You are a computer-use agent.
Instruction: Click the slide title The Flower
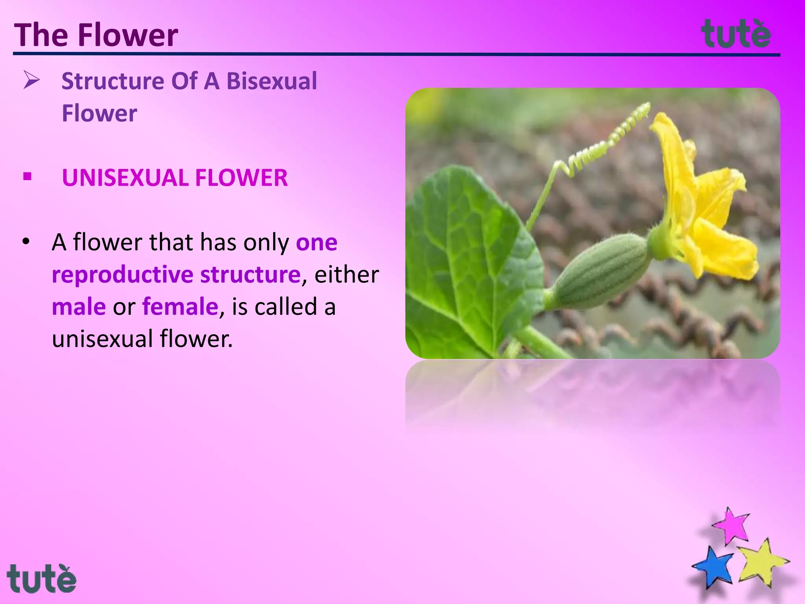coord(96,35)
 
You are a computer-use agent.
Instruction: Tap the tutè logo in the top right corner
coord(736,34)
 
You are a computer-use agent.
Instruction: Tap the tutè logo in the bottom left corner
coord(41,578)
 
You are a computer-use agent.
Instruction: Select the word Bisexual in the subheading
coord(272,81)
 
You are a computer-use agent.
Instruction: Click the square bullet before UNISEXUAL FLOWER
coord(27,177)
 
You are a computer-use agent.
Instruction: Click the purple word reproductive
coord(122,274)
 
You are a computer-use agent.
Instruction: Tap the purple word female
coord(180,307)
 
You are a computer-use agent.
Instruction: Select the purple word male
coord(79,307)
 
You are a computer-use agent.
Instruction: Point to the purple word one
coord(316,242)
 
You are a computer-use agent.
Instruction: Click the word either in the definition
coord(346,274)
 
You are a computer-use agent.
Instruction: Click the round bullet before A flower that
coord(26,242)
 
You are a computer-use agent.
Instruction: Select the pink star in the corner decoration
coord(731,526)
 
